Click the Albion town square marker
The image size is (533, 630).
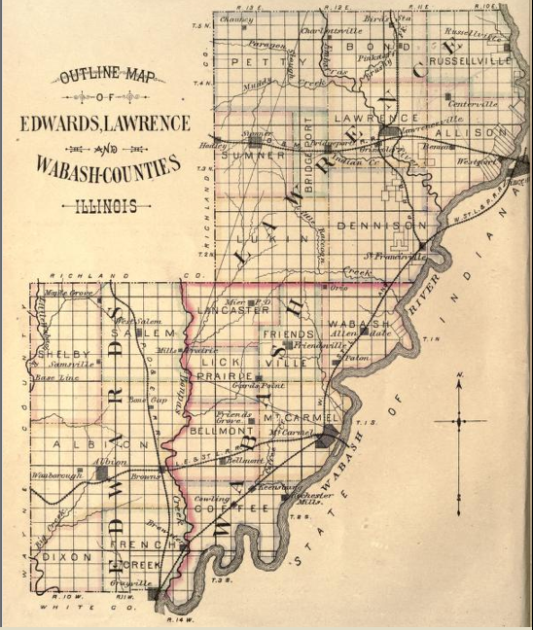click(x=103, y=472)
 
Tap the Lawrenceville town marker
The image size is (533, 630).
click(x=389, y=132)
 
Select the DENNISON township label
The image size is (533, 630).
click(x=380, y=226)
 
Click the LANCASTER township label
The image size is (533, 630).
click(x=233, y=310)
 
